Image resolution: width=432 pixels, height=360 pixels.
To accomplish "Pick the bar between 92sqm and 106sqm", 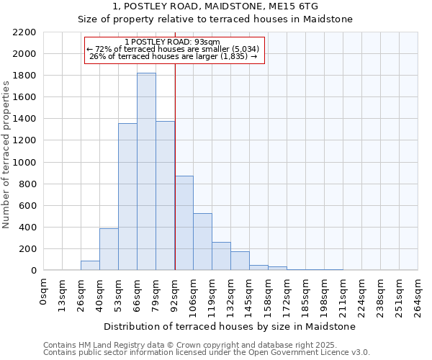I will pos(184,223).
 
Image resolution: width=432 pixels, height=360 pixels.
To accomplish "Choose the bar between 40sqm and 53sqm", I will pos(109,249).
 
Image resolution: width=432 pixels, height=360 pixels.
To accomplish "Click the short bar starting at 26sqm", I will pos(90,266).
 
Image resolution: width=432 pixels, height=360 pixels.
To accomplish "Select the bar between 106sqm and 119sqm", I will pos(202,242).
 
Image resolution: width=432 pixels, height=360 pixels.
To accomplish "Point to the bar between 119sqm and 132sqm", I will pos(221,256).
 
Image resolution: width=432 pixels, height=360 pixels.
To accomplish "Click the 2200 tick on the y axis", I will pos(24,32).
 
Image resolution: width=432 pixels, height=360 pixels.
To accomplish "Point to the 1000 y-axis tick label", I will pos(24,163).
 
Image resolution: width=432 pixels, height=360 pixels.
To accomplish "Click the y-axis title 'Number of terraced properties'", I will pos(6,155).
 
